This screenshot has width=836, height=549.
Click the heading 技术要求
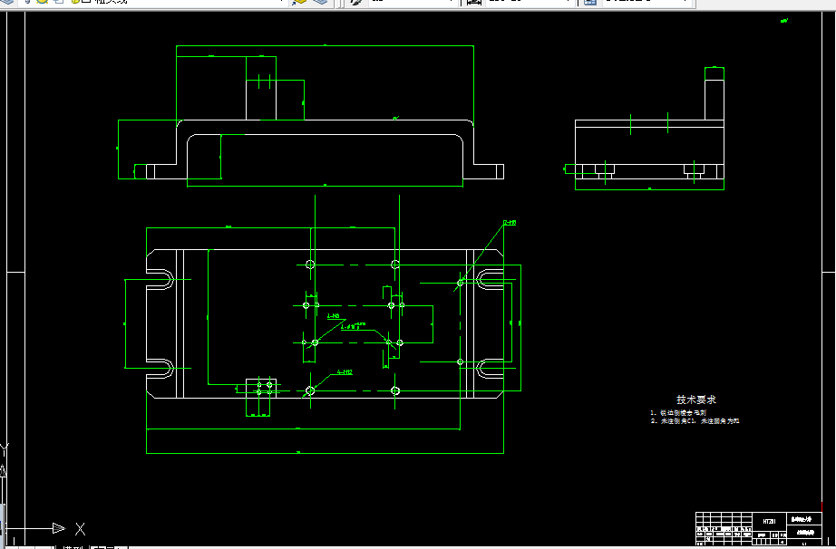[x=696, y=400]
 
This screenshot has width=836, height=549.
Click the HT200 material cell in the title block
[x=769, y=521]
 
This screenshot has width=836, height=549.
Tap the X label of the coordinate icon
[x=81, y=528]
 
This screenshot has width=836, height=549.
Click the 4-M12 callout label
[x=345, y=371]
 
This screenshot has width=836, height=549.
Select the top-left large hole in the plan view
[x=310, y=265]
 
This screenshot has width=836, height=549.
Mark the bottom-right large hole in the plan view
[x=394, y=390]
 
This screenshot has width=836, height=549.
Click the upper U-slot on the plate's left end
[x=160, y=279]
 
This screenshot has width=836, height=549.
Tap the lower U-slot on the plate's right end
[x=490, y=369]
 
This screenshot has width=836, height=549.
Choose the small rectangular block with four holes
[x=261, y=395]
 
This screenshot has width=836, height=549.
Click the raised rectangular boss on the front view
[x=274, y=99]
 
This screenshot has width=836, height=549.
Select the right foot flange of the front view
[x=488, y=171]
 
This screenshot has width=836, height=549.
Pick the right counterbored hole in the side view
[x=694, y=169]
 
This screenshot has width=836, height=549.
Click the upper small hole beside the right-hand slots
[x=461, y=283]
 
